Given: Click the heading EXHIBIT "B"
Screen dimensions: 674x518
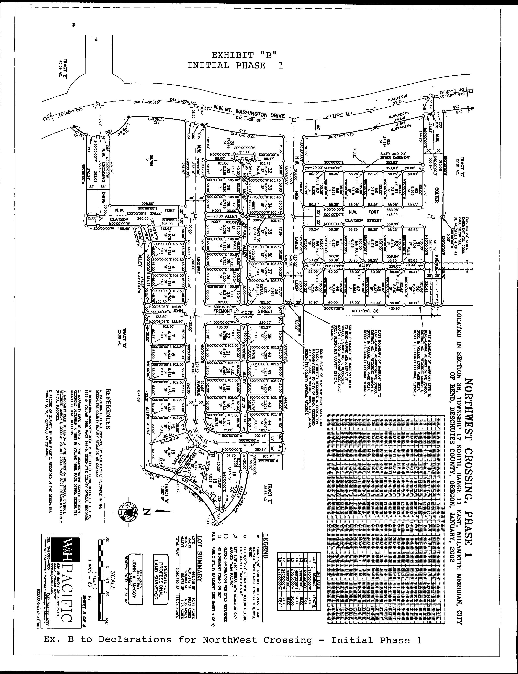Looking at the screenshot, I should point(244,55).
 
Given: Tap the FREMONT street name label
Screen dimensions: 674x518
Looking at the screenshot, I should point(223,311).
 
